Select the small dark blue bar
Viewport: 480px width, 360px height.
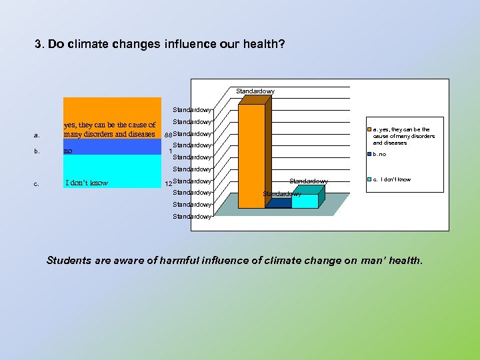277,203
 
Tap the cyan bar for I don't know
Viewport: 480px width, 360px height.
305,200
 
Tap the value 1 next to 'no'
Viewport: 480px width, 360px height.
171,151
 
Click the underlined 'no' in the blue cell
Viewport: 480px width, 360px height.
67,151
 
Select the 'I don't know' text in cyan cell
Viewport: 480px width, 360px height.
87,183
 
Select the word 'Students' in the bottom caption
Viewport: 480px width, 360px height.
69,261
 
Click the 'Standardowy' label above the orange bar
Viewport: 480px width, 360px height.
255,91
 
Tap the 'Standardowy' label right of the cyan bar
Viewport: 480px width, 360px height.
308,181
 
